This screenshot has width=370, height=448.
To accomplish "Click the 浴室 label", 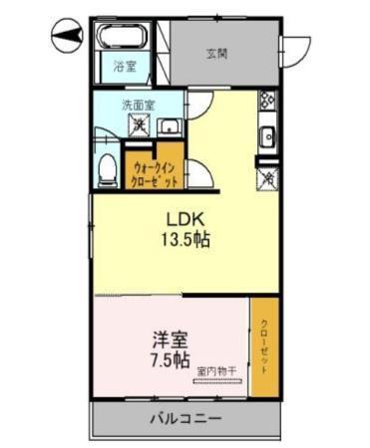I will (x=124, y=68).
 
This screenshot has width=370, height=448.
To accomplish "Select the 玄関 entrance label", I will (x=217, y=54).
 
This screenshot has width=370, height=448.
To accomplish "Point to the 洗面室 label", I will (x=137, y=103).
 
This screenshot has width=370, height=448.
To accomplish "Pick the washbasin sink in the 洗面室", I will (x=170, y=125).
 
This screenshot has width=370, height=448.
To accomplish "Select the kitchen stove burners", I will (x=266, y=102).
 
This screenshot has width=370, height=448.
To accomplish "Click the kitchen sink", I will (x=267, y=136).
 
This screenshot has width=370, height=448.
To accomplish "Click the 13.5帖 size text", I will (x=186, y=240).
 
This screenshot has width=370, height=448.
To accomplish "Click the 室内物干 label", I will (x=215, y=372).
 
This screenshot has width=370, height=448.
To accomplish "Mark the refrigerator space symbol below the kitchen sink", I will (x=266, y=177).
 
